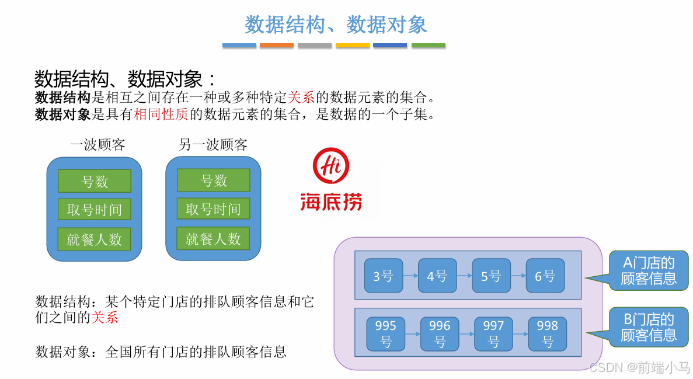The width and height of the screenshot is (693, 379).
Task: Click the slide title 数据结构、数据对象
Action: pyautogui.click(x=336, y=25)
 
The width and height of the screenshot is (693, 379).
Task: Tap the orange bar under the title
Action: pyautogui.click(x=277, y=45)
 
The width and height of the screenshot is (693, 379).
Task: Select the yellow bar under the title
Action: pyautogui.click(x=353, y=45)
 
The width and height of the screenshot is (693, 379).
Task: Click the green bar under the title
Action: pyautogui.click(x=429, y=45)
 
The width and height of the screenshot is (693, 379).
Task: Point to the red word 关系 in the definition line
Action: pyautogui.click(x=301, y=98)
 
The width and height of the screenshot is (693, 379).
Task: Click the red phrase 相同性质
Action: pyautogui.click(x=161, y=114)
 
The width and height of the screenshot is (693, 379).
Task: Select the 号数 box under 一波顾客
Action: pyautogui.click(x=95, y=181)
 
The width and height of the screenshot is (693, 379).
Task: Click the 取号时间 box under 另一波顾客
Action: pyautogui.click(x=214, y=209)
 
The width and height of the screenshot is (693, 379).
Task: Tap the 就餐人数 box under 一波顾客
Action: pyautogui.click(x=95, y=239)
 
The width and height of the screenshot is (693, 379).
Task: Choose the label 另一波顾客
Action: pyautogui.click(x=213, y=145)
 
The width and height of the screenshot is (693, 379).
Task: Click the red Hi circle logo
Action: pyautogui.click(x=330, y=165)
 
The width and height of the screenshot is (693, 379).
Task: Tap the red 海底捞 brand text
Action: pyautogui.click(x=331, y=201)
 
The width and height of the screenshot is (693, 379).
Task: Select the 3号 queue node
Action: pyautogui.click(x=384, y=276)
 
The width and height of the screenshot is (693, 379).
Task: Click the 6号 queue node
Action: pyautogui.click(x=545, y=276)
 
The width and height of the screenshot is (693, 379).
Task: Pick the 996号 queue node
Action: pyautogui.click(x=440, y=333)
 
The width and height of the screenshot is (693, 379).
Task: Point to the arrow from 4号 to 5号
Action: pyautogui.click(x=465, y=276)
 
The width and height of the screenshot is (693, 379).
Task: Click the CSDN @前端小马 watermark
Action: pyautogui.click(x=640, y=367)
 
